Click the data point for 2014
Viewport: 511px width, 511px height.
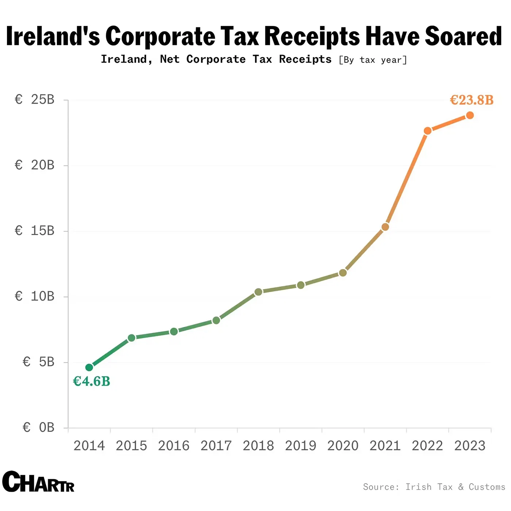89,367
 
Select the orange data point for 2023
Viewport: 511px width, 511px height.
470,115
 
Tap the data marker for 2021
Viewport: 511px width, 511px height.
385,227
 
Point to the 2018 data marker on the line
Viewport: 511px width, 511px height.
258,292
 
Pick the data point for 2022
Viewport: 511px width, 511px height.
427,131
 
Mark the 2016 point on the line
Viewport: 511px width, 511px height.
174,331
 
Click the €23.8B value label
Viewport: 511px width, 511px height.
472,100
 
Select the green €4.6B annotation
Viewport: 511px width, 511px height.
92,381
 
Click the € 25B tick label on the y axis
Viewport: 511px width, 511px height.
35,100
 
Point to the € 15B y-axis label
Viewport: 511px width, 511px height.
35,231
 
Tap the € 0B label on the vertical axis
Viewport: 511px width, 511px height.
39,427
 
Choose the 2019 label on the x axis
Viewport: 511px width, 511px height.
300,446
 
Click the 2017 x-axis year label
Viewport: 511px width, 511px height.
216,446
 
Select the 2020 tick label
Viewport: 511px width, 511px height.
343,446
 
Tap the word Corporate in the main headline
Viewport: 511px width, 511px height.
161,36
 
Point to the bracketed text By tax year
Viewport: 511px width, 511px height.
373,60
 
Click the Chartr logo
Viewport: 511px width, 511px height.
38,482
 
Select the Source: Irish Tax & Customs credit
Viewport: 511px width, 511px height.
434,487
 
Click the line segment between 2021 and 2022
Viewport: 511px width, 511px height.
406,179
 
